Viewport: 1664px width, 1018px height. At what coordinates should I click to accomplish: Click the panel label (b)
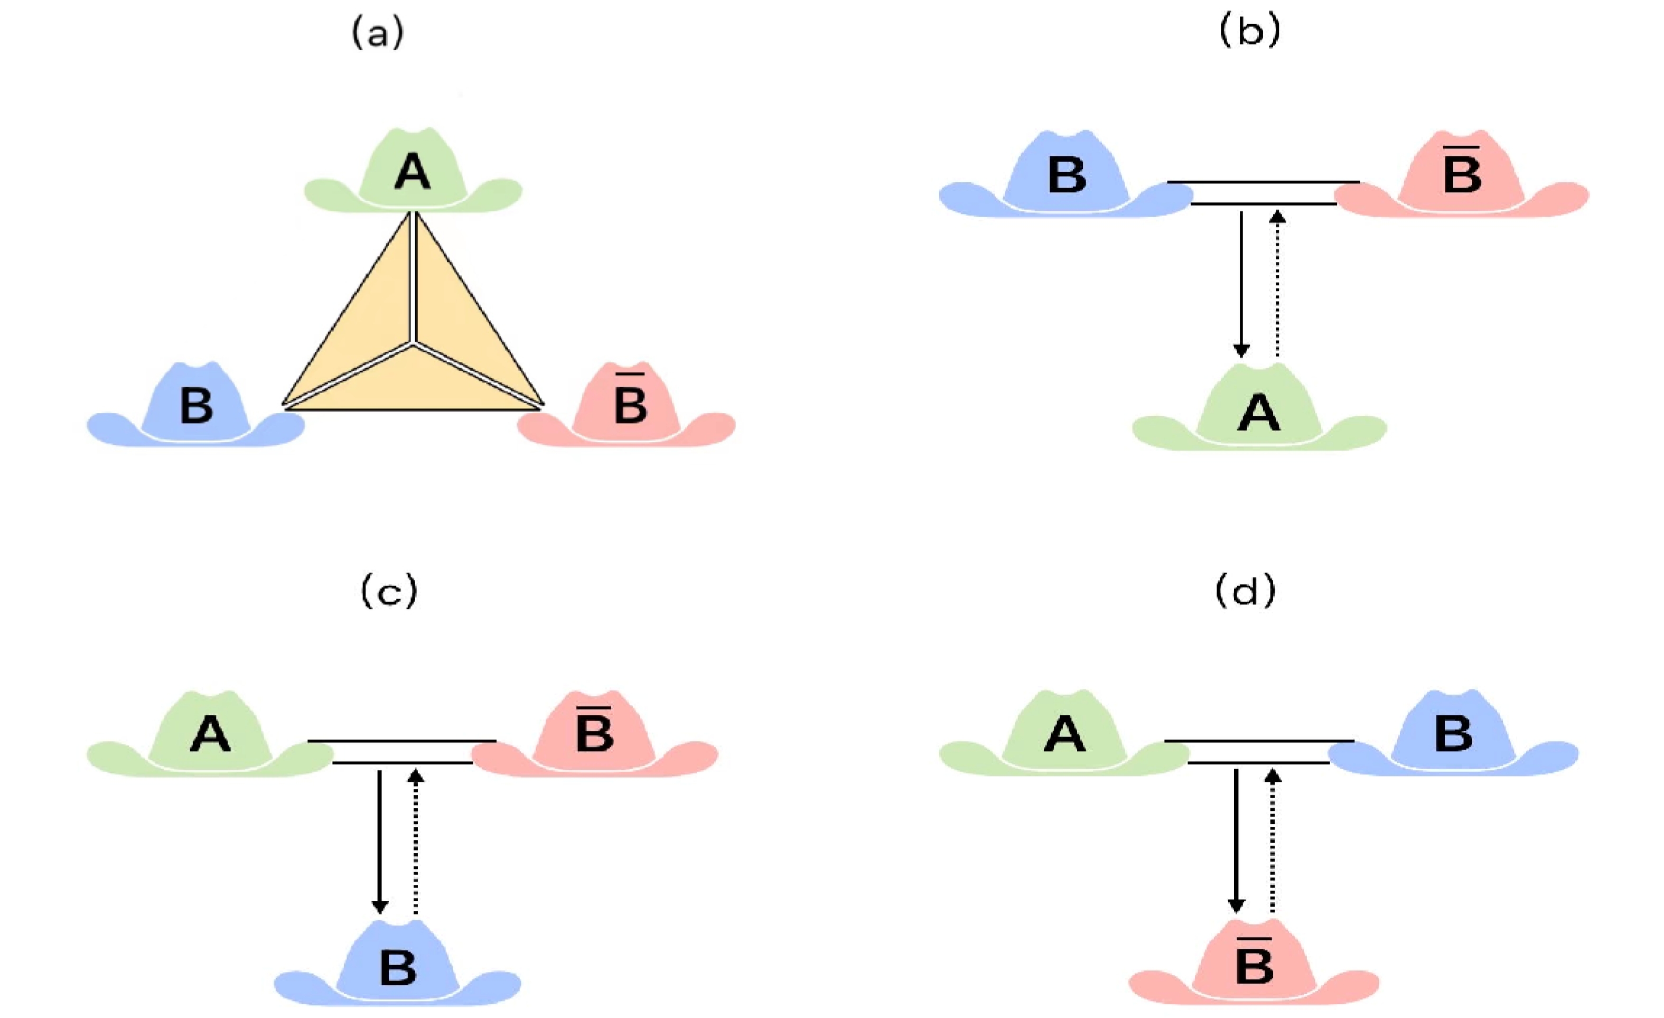pyautogui.click(x=1249, y=31)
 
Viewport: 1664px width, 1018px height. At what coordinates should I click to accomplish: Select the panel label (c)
pyautogui.click(x=389, y=591)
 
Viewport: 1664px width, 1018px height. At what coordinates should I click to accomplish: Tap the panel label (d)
pyautogui.click(x=1245, y=591)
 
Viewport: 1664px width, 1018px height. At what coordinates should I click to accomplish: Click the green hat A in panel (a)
pyautogui.click(x=413, y=174)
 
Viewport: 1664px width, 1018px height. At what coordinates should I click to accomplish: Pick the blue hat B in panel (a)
pyautogui.click(x=196, y=409)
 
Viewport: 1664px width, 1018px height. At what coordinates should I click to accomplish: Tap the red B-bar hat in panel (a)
pyautogui.click(x=628, y=409)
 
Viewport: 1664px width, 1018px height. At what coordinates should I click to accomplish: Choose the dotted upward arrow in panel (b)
pyautogui.click(x=1277, y=284)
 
